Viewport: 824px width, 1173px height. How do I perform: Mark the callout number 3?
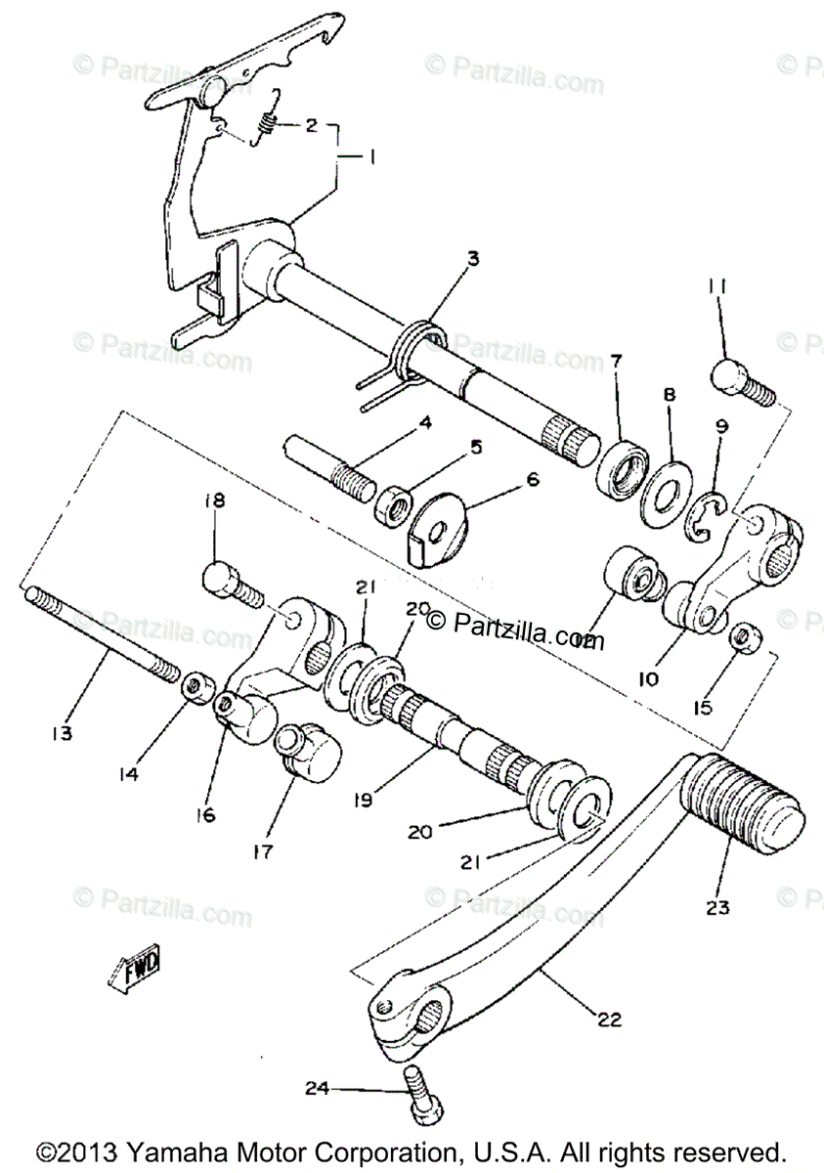click(472, 259)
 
